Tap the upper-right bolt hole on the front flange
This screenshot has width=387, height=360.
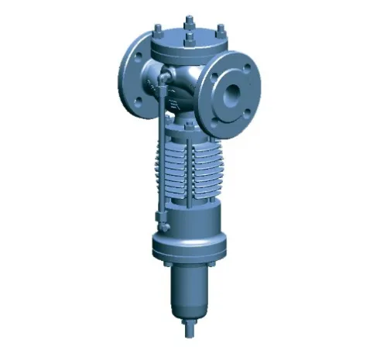[247, 67]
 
